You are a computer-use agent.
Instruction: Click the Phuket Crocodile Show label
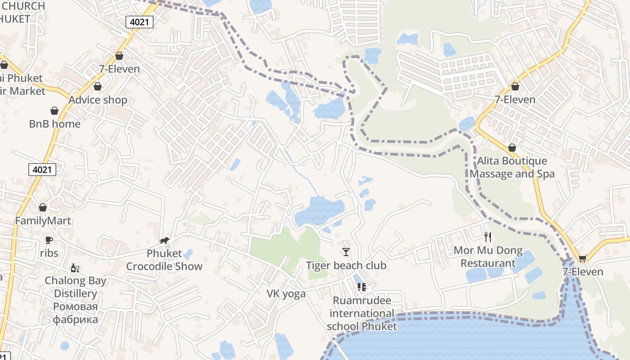164,260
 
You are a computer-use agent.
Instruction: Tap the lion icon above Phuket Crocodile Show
164,241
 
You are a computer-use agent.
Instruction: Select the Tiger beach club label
346,265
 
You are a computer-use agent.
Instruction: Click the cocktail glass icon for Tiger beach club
346,252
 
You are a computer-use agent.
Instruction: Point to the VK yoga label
286,294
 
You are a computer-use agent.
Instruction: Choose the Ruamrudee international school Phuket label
362,313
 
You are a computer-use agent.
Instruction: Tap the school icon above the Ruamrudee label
362,287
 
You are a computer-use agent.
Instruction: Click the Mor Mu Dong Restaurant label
488,257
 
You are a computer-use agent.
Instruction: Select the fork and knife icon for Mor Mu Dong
488,237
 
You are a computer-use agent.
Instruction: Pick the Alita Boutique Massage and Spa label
512,167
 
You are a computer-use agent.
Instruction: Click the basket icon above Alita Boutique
512,148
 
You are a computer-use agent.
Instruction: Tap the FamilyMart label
43,221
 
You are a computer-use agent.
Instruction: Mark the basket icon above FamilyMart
43,207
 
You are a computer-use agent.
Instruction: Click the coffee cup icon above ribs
49,240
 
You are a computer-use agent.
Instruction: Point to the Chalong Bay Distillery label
76,287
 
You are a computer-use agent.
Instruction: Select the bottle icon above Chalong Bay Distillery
75,268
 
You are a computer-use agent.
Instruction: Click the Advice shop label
98,100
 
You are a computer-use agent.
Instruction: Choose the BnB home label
54,124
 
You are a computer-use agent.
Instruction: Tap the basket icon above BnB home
54,111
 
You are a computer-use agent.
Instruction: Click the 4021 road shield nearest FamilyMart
43,170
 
